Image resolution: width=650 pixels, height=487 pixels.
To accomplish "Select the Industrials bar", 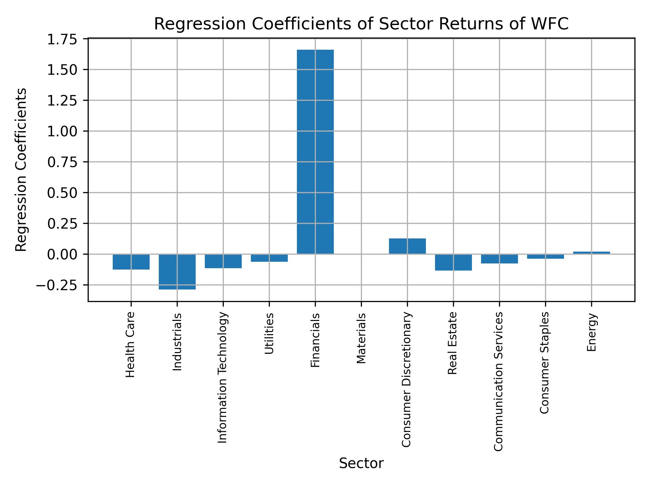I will tap(177, 272).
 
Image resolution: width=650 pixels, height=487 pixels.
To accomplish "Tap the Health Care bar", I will tap(131, 262).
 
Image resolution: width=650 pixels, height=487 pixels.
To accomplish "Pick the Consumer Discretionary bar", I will tap(407, 246).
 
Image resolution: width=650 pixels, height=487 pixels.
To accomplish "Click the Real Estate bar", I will tap(453, 262).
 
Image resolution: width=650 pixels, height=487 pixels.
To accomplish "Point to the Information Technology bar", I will tap(223, 261).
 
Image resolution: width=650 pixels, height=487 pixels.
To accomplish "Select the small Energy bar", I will tap(591, 253).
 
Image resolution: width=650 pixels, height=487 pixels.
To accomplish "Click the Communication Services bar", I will tap(499, 259).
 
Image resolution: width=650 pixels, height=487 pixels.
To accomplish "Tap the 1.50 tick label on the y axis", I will tap(61, 70).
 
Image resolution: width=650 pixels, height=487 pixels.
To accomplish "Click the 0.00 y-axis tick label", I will tap(61, 254).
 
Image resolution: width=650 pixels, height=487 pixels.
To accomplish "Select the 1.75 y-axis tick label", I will tap(61, 40).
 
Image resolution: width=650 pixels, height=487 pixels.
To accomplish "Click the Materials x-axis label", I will tap(361, 338).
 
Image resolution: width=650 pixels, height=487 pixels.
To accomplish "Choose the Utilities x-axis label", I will tap(269, 333).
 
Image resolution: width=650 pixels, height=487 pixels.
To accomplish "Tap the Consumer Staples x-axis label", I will tap(545, 363).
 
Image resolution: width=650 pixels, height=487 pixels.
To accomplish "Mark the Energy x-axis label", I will tap(591, 332).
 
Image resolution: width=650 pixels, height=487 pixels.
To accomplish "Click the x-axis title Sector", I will tap(361, 463).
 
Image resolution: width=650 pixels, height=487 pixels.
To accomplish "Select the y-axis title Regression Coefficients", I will tap(21, 170).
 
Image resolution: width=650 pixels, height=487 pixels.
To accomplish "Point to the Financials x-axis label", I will tap(315, 340).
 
